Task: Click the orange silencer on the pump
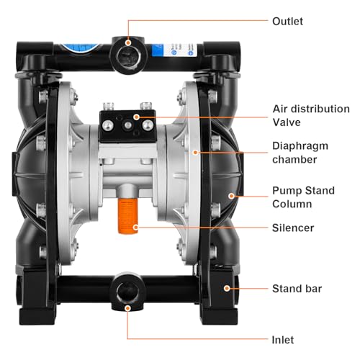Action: click(127, 214)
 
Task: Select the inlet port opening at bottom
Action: click(128, 292)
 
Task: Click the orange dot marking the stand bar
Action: click(227, 287)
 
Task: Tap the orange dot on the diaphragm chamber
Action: click(194, 152)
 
